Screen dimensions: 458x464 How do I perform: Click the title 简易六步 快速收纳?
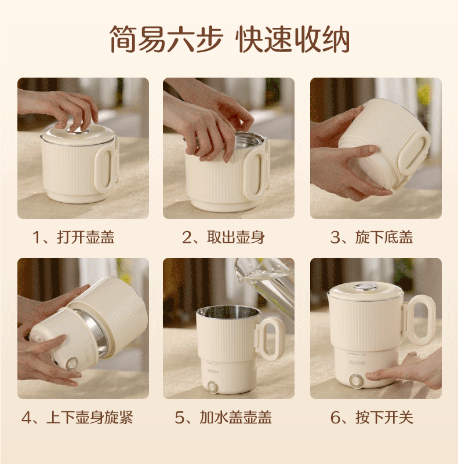pos(230,39)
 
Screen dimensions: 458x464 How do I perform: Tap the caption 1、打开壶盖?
pos(73,238)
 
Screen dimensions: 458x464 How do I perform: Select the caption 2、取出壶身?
pos(223,238)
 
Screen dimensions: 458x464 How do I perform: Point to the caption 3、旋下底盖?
pos(372,238)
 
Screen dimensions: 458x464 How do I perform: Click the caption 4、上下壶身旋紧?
pos(77,417)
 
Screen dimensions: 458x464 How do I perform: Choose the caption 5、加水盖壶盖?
pos(223,417)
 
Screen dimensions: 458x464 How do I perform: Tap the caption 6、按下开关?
pos(372,417)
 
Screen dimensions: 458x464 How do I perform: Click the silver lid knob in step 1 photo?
pos(78,130)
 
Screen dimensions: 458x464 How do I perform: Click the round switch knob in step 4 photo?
pos(72,363)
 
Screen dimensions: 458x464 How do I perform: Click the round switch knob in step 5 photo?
pos(212,386)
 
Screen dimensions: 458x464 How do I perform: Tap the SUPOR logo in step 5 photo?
pos(213,371)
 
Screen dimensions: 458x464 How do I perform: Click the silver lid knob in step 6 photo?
pos(366,287)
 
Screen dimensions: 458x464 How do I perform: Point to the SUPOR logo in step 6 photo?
pos(357,363)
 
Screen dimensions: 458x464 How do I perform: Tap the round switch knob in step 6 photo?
pos(355,381)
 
